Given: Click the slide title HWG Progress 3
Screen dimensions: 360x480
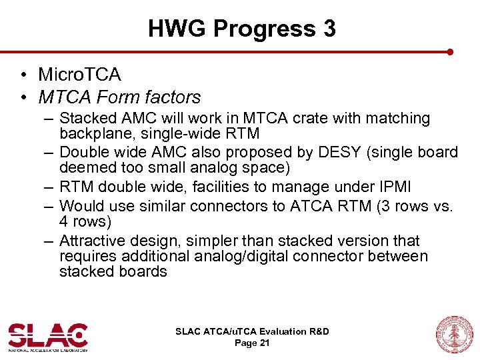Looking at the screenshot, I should tap(241, 29).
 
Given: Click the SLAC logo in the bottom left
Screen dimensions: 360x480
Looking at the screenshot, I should tap(48, 337).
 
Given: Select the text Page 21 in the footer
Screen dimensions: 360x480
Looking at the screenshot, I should tap(252, 343).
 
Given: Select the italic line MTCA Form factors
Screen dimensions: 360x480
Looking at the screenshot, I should tap(119, 97).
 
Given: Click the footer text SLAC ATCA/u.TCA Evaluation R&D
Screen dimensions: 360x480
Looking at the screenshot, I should tap(252, 331).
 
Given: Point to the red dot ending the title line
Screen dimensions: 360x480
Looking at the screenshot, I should tap(450, 51).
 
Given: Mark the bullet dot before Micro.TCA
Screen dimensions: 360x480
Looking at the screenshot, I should tap(23, 74).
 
